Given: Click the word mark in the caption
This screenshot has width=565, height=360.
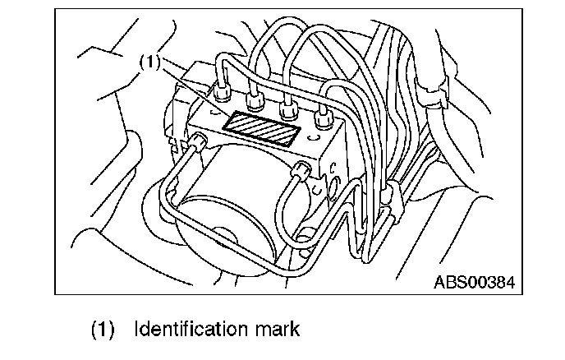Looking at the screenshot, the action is [x=274, y=330].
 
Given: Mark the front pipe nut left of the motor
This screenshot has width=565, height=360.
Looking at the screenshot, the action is [x=198, y=145].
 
